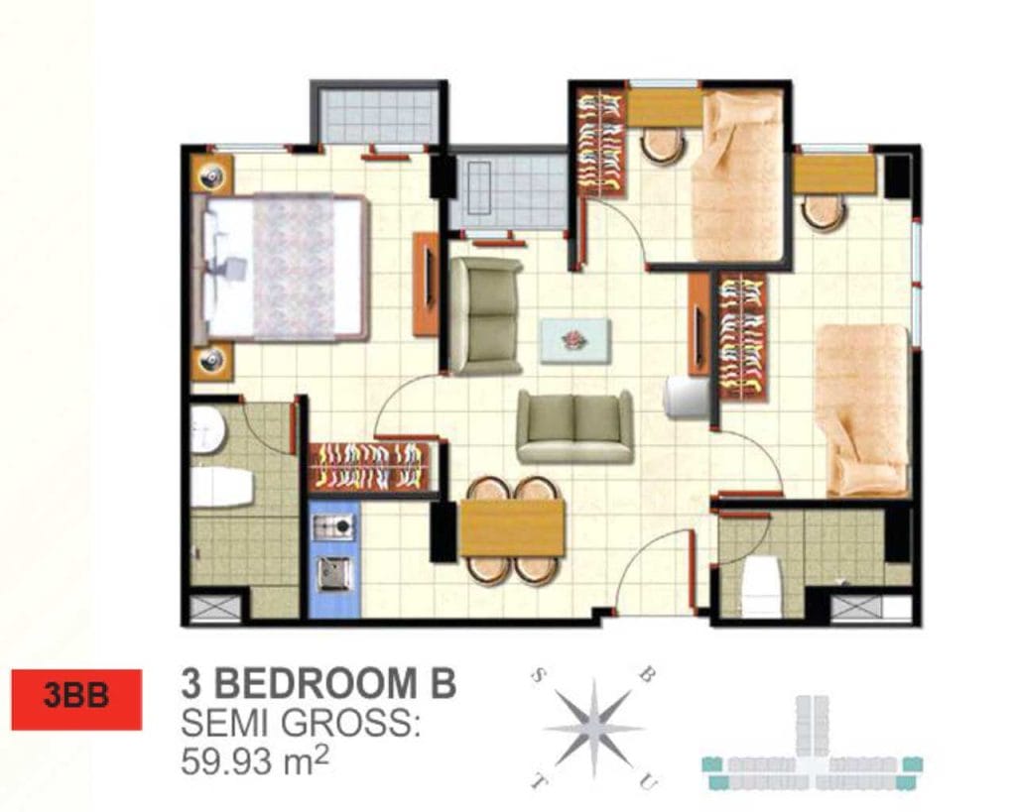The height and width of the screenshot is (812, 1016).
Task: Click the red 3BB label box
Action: [76, 699]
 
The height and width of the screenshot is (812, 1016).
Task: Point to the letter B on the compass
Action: [646, 675]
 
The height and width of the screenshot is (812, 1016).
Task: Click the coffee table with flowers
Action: [576, 340]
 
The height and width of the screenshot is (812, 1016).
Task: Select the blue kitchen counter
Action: [334, 559]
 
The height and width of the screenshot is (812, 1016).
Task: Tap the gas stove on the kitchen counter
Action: [334, 526]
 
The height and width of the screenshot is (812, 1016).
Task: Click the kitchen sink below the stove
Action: [335, 574]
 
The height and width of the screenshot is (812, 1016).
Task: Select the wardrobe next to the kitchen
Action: [370, 466]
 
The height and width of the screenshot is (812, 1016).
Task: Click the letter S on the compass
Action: [538, 676]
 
